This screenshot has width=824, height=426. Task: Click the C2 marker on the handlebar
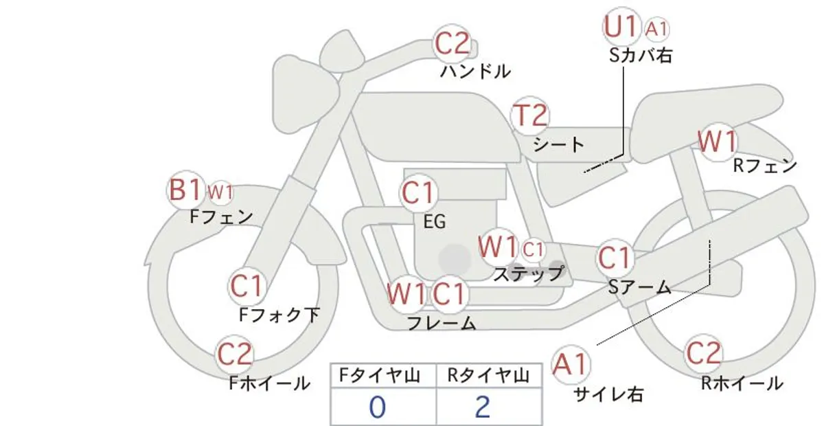point(452,44)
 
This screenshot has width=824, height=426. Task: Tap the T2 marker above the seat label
point(530,116)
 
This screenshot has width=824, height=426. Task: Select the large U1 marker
point(621,27)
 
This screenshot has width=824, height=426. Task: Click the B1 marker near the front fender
point(185,190)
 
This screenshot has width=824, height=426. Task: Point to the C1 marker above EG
point(418,193)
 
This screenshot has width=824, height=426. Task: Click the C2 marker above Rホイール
point(703,353)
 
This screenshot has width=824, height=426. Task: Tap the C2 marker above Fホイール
point(234,355)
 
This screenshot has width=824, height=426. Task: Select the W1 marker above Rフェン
point(718,142)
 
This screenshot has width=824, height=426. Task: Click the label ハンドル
point(476,71)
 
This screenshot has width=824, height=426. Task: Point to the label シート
point(559,144)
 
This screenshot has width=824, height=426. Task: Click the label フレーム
point(442,323)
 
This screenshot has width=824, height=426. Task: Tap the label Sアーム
point(640,287)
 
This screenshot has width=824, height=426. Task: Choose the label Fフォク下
point(279,315)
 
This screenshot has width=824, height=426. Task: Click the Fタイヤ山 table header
point(380,376)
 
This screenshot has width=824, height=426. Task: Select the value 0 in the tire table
point(378,407)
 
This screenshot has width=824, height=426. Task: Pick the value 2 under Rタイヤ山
point(482,407)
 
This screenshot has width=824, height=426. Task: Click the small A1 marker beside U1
point(656,29)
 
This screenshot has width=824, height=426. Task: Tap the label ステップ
point(528,274)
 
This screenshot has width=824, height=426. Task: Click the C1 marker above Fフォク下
point(246,286)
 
